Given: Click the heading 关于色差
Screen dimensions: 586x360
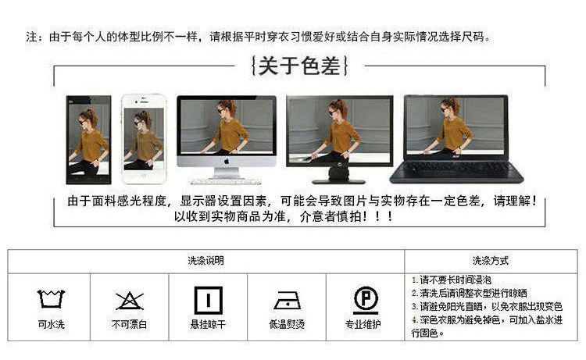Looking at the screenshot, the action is (299, 66).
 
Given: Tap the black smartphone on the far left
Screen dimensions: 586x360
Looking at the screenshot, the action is (88, 140).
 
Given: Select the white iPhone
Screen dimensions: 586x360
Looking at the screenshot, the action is (144, 139).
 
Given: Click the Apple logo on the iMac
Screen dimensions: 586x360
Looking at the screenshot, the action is (227, 162).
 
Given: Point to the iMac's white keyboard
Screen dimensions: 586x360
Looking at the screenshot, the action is (226, 182).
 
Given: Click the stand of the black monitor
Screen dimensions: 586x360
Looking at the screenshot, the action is (338, 175).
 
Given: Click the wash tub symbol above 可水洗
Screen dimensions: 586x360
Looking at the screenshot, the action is (52, 299).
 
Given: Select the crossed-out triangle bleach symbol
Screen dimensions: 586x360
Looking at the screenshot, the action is (129, 301).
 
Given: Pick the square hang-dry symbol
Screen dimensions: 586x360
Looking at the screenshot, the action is (209, 300).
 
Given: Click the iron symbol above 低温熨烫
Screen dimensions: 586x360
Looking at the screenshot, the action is (288, 301).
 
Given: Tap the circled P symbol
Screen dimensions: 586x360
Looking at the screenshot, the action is (366, 300).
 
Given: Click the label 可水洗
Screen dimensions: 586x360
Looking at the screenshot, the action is (52, 324).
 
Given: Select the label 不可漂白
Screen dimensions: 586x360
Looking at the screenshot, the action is (129, 324).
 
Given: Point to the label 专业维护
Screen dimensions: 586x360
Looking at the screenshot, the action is (363, 324).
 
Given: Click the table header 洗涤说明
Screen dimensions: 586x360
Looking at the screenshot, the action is (206, 261).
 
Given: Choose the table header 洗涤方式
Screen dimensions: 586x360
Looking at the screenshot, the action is (491, 261).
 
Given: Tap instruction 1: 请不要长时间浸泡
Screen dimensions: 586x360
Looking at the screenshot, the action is (452, 280).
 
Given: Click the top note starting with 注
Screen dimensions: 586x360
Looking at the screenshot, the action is (258, 37).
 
